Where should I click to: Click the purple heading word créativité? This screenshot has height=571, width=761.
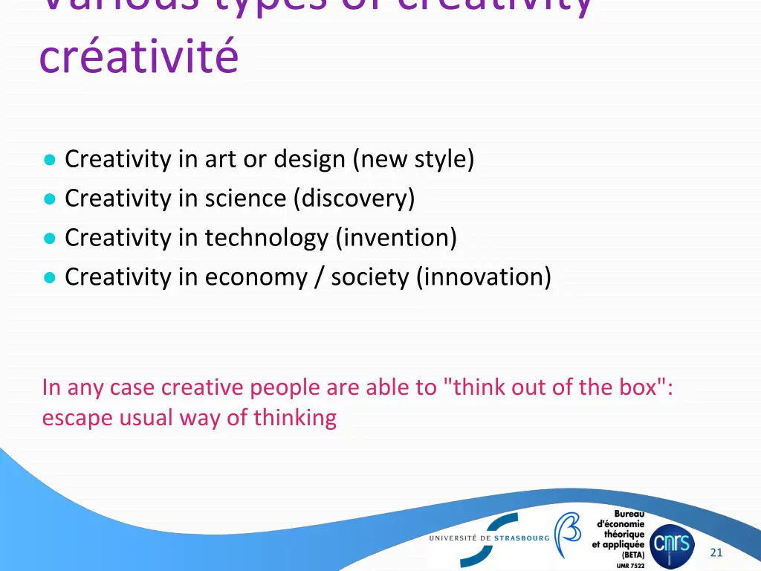point(139,57)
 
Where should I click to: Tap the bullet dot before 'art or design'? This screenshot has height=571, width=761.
point(50,160)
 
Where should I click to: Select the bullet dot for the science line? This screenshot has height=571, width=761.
point(50,199)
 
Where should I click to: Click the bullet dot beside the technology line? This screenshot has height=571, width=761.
point(50,239)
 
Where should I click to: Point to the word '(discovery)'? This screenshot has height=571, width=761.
point(354,199)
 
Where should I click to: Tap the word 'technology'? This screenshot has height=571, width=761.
point(266,238)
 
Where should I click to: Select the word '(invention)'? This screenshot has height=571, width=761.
point(396,238)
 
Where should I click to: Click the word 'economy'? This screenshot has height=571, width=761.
point(256,277)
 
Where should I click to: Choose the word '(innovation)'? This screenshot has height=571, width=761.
point(484,277)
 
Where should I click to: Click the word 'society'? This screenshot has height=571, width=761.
point(369,277)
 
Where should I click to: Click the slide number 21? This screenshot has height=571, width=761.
point(716,552)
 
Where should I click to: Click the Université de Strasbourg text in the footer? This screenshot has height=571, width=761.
point(489,538)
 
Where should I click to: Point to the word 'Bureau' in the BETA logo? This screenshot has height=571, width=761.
point(629,514)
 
